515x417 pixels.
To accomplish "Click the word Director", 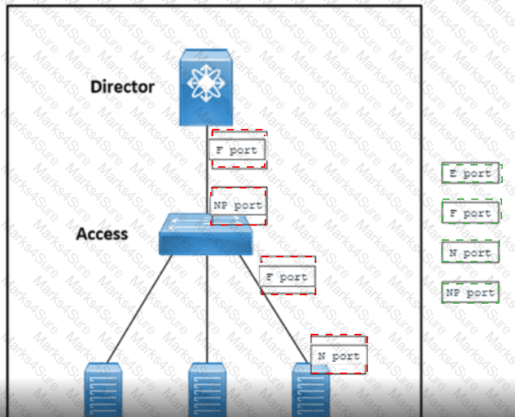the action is pos(122,87).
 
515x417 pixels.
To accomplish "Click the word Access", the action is pos(102,234).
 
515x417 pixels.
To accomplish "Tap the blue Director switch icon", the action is pos(206,87).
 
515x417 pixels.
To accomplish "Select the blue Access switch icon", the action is pos(206,234).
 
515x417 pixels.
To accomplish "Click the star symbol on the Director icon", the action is pos(206,83).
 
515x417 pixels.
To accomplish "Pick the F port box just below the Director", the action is pos(237,150).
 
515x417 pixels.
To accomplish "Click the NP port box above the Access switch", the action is pos(238,206).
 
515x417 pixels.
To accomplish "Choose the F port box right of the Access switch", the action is pos(288,277).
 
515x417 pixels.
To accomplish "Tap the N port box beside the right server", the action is pos(339,356).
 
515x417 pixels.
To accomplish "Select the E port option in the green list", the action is pos(471,173).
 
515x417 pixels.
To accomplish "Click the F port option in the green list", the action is pos(471,213).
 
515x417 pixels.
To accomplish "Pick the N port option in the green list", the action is pos(471,252).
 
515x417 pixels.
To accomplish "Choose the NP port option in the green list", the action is pos(471,292).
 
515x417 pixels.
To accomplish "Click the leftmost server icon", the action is pos(103,390).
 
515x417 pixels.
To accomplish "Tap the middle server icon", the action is pos(207,390).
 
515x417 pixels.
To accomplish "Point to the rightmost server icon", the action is pos(311,390).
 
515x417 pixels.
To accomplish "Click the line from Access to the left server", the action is pos(140,309).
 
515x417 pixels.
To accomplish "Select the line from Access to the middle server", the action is pos(207,309).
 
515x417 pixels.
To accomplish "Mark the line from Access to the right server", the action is pos(275,309).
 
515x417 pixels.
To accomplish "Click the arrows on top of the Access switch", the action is pos(205,221).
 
